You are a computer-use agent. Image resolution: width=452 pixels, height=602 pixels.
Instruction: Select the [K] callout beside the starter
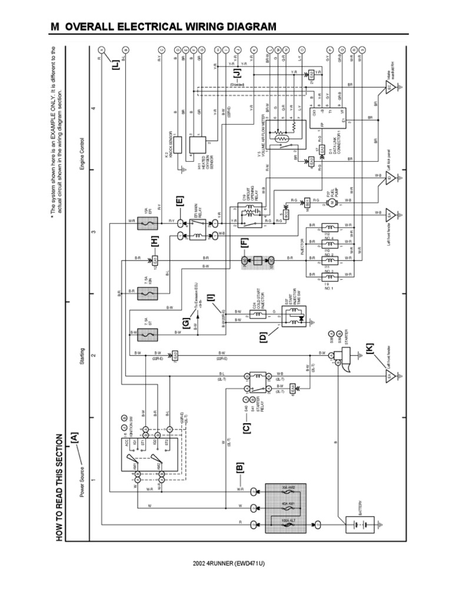(369, 349)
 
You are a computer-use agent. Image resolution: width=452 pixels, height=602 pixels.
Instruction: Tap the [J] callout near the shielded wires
(238, 74)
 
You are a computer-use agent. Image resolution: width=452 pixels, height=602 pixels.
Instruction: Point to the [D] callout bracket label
(263, 337)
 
